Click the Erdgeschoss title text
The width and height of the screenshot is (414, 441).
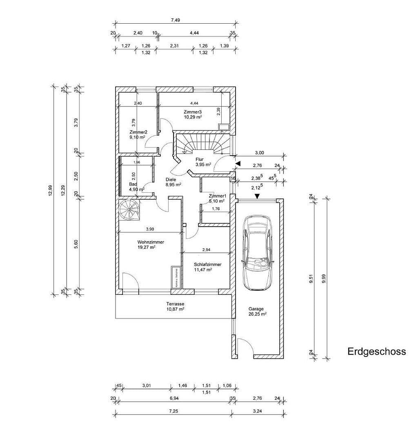[x=376, y=352]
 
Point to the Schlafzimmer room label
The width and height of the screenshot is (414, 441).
[x=208, y=264]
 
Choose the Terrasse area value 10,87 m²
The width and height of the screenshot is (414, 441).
[x=175, y=310]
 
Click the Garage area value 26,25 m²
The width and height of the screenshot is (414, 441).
[x=258, y=314]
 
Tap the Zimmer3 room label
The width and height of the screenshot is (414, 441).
[x=193, y=111]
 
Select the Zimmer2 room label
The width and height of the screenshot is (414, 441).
[x=138, y=132]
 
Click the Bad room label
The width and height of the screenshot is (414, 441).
[x=122, y=184]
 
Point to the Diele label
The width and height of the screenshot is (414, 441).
[x=171, y=179]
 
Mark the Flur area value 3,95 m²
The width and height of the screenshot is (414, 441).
[x=203, y=165]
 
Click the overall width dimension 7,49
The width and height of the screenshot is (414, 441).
[x=176, y=19]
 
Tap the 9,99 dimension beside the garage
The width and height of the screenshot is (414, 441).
[x=324, y=278]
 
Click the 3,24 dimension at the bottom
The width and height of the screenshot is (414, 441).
[x=257, y=411]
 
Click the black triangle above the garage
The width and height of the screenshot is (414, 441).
[x=257, y=196]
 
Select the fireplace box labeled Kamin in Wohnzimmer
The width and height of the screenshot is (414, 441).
[x=176, y=278]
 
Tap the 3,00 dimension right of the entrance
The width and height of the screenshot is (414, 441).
[x=259, y=153]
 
